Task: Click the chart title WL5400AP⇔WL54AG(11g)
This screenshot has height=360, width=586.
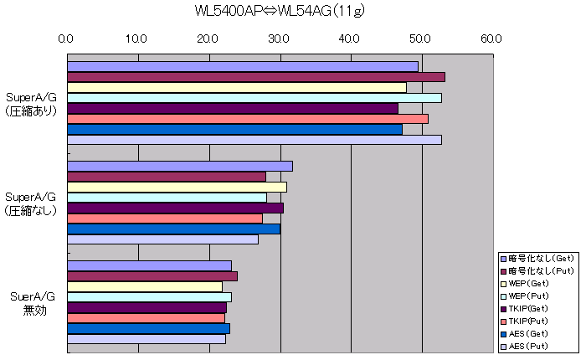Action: tap(279, 11)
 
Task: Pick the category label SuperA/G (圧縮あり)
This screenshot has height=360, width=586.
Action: tap(31, 102)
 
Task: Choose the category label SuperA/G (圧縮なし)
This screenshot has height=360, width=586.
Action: tap(31, 203)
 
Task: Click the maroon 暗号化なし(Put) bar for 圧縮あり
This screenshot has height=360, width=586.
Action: tap(255, 77)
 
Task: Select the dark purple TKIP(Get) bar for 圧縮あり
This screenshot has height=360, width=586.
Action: tap(232, 108)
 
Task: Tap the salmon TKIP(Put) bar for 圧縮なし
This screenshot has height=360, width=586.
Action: tap(164, 219)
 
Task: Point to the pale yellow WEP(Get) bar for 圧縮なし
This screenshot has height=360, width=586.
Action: tap(176, 187)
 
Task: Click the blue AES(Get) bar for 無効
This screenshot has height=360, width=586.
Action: tap(147, 328)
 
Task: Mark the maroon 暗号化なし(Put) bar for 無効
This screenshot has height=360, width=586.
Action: tap(152, 276)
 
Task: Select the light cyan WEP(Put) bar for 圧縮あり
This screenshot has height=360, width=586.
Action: tap(254, 98)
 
